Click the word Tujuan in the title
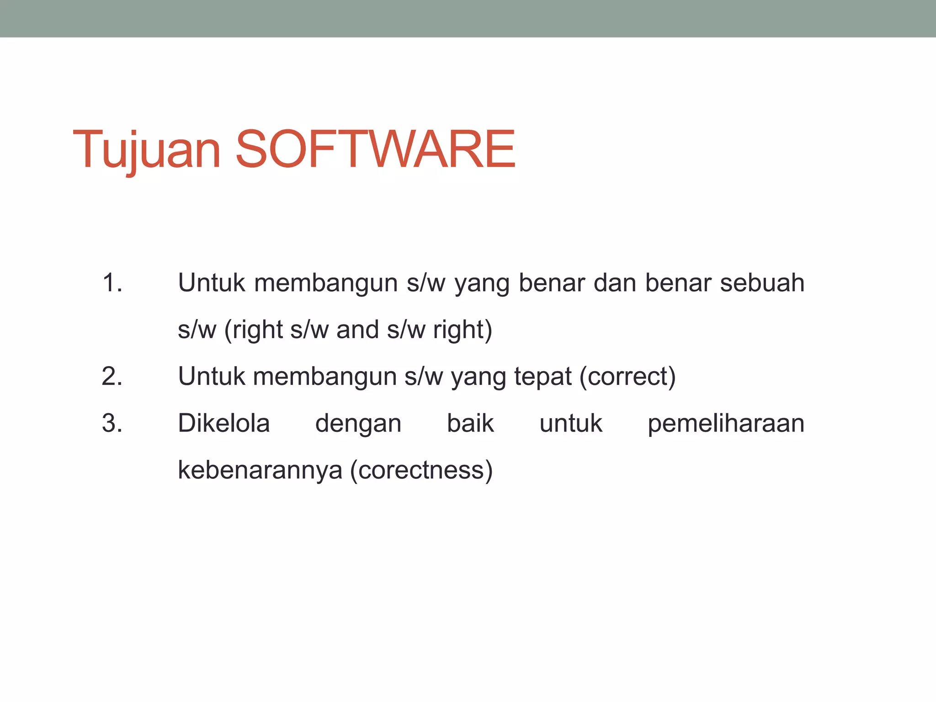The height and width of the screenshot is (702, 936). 146,150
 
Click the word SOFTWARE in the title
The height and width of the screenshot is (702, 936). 375,150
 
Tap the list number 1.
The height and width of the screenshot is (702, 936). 112,282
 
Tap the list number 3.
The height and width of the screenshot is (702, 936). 112,423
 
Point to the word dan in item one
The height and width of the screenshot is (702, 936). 615,282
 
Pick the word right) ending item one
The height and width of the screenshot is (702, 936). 463,330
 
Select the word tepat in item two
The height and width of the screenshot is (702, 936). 542,377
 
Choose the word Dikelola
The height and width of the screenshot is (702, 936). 224,423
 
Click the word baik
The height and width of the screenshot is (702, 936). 470,423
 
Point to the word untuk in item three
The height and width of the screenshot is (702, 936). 571,423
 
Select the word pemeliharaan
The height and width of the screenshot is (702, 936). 726,424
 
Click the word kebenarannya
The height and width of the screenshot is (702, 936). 260,470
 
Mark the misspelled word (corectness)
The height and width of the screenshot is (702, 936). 421,470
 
